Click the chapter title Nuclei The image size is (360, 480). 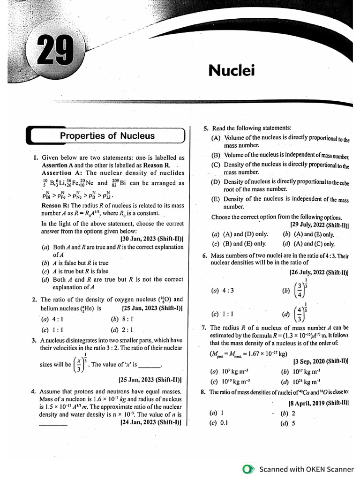231,70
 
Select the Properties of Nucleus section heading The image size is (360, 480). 107,136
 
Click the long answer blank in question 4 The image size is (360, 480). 53,424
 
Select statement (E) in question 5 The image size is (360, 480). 280,203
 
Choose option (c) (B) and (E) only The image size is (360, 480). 239,243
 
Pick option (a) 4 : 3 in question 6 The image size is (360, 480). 223,290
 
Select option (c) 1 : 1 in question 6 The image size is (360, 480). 223,314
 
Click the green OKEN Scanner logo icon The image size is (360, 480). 248,469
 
